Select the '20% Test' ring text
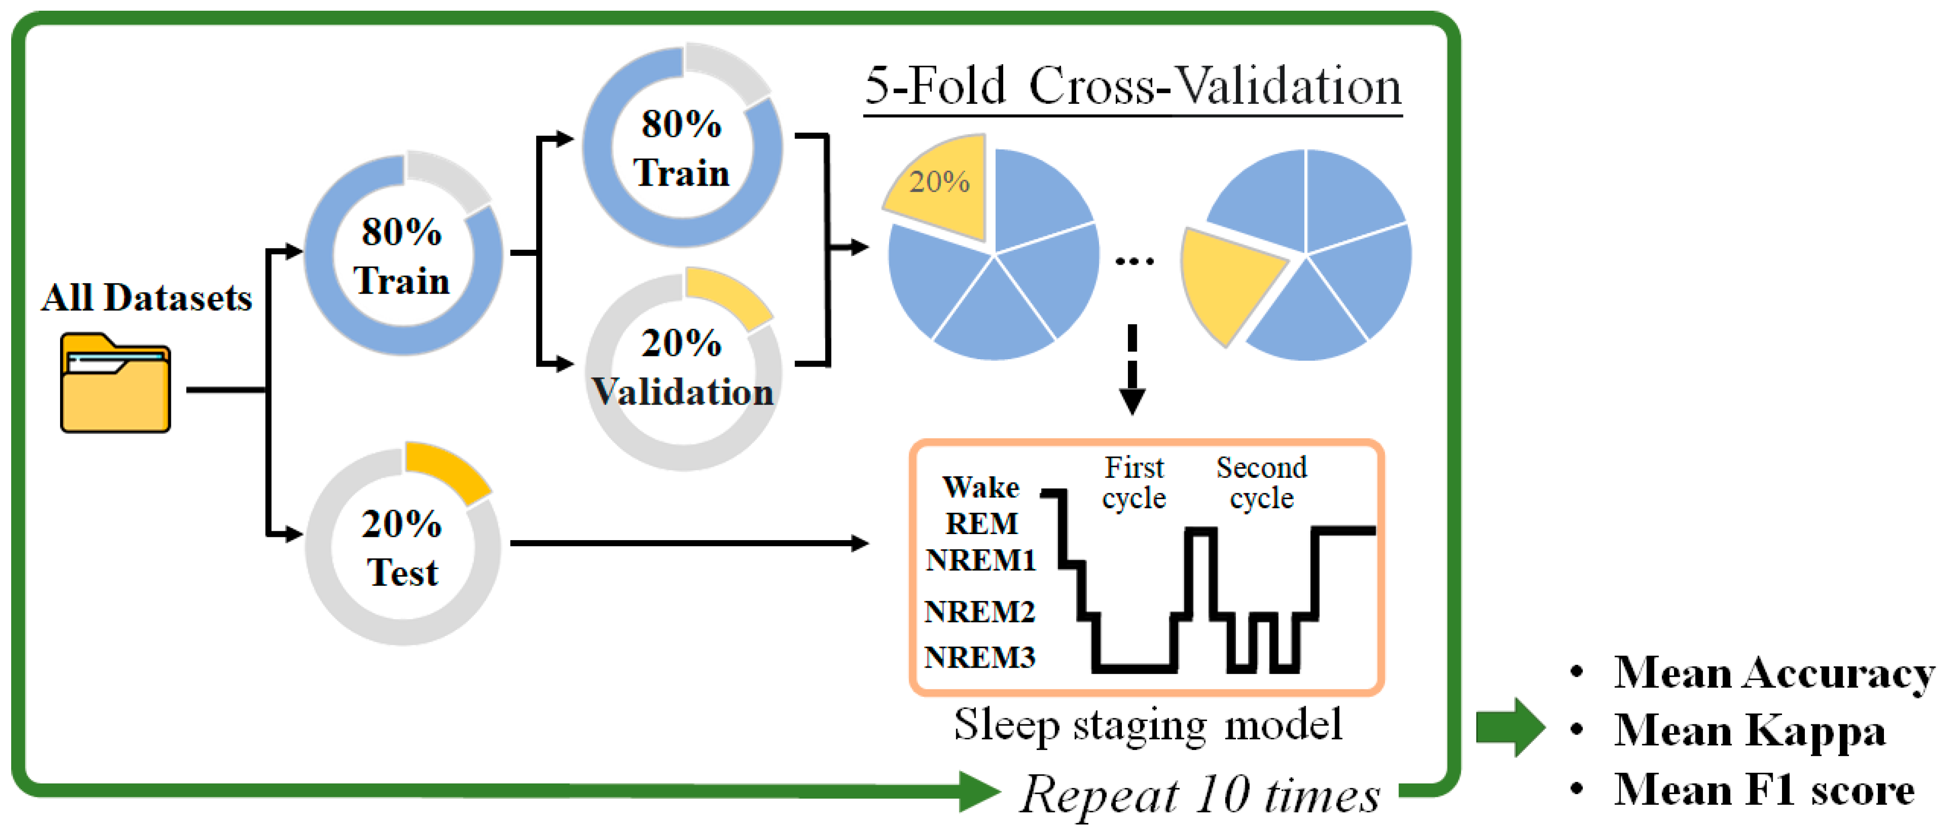(402, 548)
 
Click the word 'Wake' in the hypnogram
(980, 488)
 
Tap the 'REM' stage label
(981, 524)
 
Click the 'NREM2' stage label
(979, 612)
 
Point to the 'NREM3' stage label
(979, 658)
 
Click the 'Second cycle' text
(1262, 483)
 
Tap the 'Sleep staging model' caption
(1148, 725)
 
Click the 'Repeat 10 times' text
(1200, 795)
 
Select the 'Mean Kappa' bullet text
(1749, 730)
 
